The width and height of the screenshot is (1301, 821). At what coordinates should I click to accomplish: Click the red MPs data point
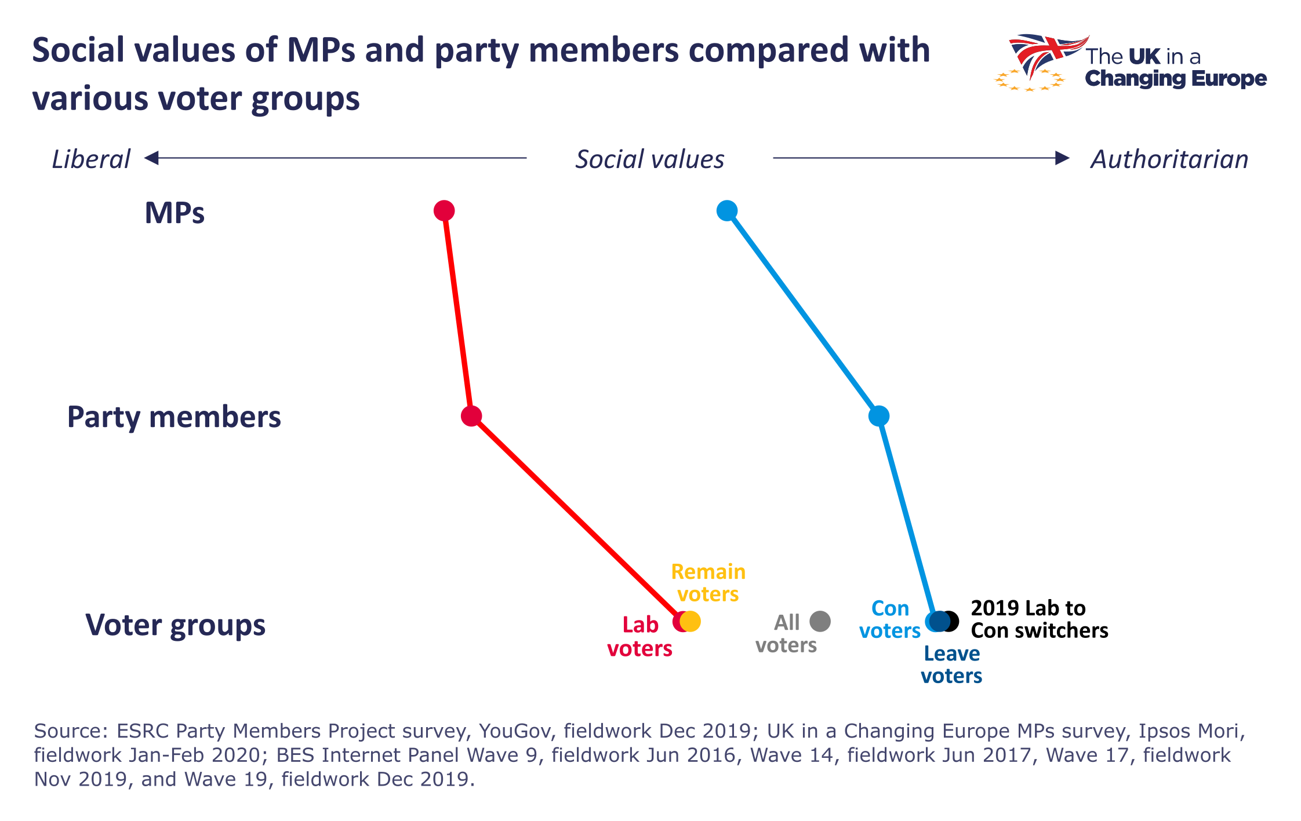[444, 210]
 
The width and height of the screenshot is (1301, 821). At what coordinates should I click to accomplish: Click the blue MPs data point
[727, 210]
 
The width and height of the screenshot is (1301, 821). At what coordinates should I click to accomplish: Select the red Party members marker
[471, 416]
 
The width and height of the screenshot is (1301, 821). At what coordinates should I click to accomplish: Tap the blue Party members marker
[879, 415]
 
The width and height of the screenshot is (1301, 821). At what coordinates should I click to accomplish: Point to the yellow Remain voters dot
[691, 621]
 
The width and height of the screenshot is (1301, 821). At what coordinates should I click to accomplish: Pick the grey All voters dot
[820, 621]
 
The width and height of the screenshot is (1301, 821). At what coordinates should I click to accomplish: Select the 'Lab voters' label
[640, 637]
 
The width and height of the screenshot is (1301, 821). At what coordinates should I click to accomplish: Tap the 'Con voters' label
[890, 619]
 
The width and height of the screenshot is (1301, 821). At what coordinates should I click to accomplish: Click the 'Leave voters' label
[951, 665]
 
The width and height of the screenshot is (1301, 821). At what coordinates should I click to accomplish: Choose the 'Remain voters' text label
[708, 583]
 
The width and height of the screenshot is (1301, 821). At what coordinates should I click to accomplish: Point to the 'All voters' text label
[786, 634]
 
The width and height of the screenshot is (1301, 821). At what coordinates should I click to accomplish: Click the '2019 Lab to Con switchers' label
[1039, 619]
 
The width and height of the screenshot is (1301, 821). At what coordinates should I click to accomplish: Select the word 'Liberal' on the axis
[91, 159]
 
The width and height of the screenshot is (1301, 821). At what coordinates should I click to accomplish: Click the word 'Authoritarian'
[1169, 159]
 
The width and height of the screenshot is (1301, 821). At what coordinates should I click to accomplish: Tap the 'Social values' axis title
[649, 159]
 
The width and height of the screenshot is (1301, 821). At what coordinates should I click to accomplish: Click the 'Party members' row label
[174, 417]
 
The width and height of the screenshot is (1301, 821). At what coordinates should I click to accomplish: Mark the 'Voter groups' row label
[175, 625]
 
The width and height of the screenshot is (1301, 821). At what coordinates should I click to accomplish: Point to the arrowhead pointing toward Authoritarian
[1062, 158]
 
